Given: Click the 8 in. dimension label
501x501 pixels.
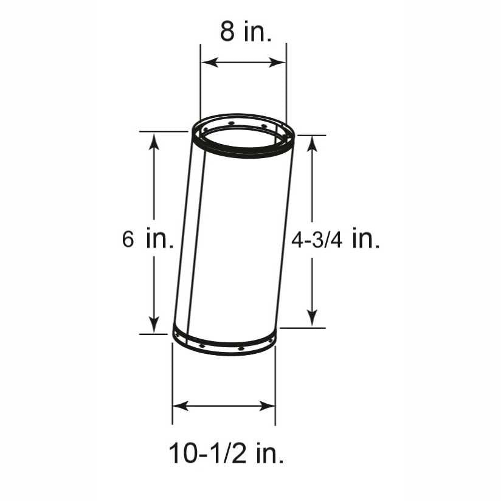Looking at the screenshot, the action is tap(246, 32).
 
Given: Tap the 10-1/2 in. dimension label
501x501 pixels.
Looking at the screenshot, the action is tap(226, 453).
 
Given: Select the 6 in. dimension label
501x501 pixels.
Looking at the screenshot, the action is tap(148, 238).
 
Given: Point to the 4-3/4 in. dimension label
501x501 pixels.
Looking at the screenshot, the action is tap(336, 239).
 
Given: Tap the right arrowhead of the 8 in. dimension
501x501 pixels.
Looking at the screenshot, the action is tap(277, 63).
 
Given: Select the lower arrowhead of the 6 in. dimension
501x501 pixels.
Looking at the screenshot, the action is tap(154, 325).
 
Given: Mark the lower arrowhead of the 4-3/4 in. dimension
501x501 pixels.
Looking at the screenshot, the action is tap(312, 318).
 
